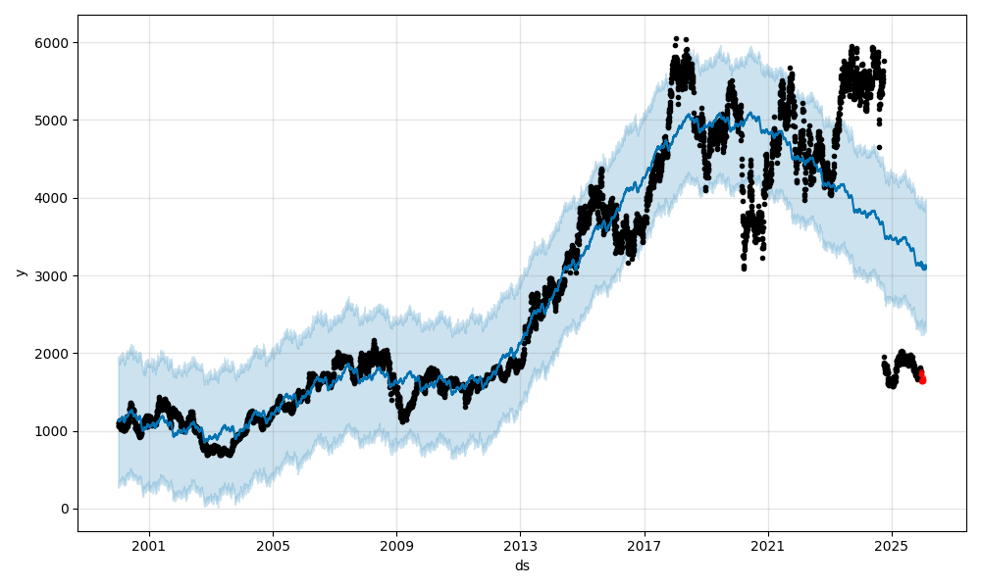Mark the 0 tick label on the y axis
[66, 509]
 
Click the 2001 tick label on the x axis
[149, 546]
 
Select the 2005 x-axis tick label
[273, 546]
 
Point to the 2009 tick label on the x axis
[396, 546]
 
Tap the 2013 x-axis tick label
[520, 546]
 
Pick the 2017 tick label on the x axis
[645, 546]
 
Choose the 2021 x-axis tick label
[768, 546]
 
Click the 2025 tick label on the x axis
[892, 546]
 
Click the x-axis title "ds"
[522, 565]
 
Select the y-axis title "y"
[19, 272]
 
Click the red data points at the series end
[922, 378]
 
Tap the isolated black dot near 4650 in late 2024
[879, 147]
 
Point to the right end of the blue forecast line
[925, 267]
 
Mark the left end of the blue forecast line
[119, 422]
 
